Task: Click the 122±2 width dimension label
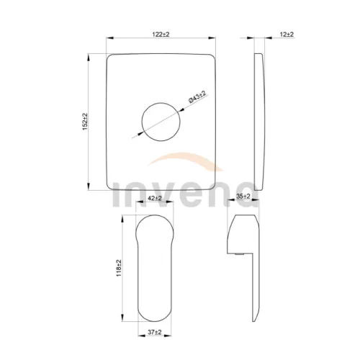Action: [x=161, y=35]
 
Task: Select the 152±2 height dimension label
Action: [x=85, y=122]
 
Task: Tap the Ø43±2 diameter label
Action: [x=197, y=97]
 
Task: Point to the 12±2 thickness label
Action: [x=287, y=35]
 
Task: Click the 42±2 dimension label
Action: [x=155, y=198]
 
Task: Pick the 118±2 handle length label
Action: [x=119, y=268]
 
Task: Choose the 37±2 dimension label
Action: [x=155, y=332]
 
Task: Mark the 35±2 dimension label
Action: [x=243, y=197]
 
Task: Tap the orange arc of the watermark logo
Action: [x=185, y=156]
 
